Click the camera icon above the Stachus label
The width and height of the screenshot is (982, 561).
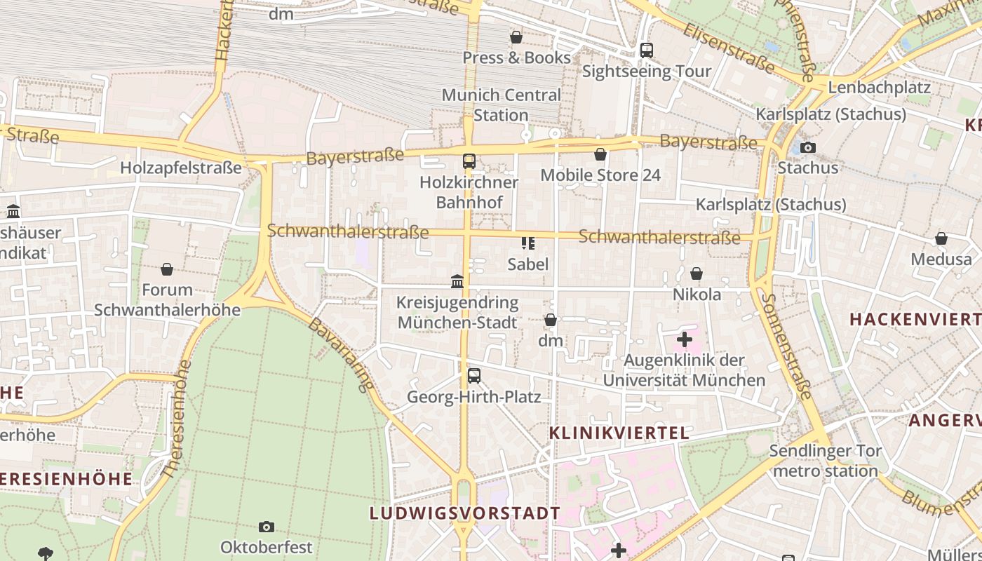tap(807, 147)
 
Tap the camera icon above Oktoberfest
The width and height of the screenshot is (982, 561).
tap(267, 527)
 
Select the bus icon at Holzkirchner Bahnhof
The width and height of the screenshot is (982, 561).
tap(469, 161)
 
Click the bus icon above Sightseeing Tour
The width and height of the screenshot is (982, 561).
tap(647, 50)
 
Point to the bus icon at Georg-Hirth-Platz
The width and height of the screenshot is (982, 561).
tap(474, 376)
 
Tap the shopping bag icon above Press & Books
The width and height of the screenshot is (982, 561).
tap(516, 36)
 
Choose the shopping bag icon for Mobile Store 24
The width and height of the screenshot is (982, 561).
tap(600, 154)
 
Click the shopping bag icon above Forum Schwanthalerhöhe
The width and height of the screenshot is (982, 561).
tap(167, 269)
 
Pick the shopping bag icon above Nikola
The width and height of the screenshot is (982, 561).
tap(697, 273)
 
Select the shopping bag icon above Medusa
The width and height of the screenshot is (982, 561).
tap(941, 238)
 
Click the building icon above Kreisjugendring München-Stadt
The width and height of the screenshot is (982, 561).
tap(457, 282)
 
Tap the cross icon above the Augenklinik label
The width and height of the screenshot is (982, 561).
tap(684, 340)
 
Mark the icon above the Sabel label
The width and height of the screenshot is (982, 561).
tap(528, 243)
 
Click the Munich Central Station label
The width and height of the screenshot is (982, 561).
tap(501, 104)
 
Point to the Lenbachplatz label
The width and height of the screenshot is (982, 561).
tap(879, 88)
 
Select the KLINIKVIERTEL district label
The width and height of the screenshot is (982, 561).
tap(619, 433)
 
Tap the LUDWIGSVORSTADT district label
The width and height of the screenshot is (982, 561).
tap(465, 513)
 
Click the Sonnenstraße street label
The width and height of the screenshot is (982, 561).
tap(786, 346)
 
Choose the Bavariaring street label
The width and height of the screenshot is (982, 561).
tap(341, 355)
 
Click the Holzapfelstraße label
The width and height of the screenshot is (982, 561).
tap(181, 168)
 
